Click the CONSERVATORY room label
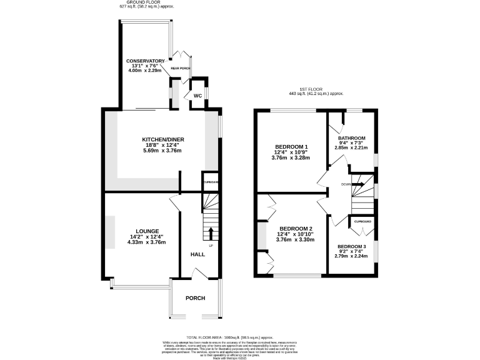[145, 61]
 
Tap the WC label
[197, 96]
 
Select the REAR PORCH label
[181, 67]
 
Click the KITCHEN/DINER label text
[163, 139]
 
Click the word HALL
[197, 255]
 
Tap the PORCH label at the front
[195, 298]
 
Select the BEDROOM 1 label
[292, 147]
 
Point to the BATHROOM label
[351, 138]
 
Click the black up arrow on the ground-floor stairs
[210, 234]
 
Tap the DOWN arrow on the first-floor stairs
[359, 184]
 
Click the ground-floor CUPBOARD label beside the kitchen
[211, 182]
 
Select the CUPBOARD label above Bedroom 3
[363, 222]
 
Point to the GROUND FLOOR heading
[141, 2]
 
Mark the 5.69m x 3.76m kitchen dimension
[163, 151]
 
